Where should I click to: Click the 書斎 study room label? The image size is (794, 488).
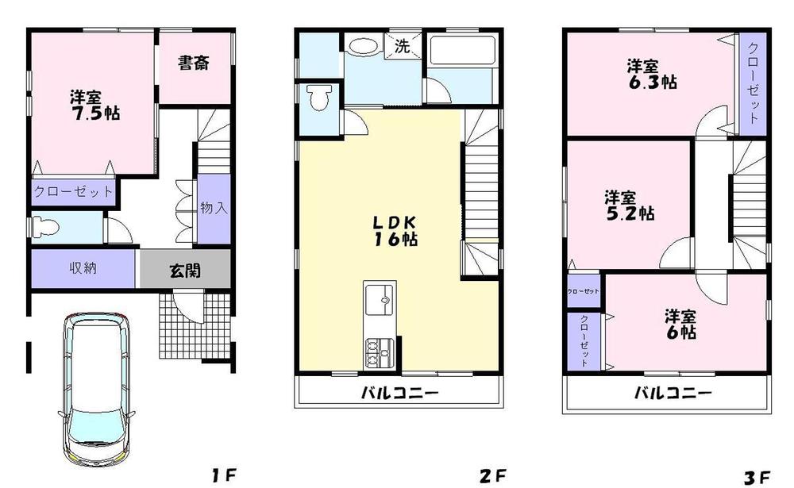pos(193,63)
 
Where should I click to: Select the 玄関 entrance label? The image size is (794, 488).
pos(184,271)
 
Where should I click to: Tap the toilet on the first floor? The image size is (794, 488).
pos(47,227)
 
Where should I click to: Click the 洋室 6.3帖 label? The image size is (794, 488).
pos(651,73)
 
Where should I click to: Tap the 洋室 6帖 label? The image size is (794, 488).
pos(680,324)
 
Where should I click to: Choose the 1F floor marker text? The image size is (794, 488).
pos(224,476)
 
